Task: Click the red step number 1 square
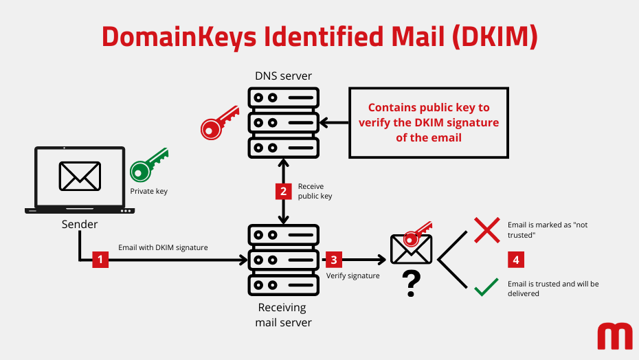click(x=100, y=260)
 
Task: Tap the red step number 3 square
click(x=334, y=260)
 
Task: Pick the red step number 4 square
click(x=517, y=260)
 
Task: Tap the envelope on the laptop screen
click(x=80, y=176)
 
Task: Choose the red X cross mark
click(x=487, y=230)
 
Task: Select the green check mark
click(x=486, y=287)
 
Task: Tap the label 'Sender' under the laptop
click(x=80, y=225)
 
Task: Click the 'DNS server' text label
click(x=283, y=76)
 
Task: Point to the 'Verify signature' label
click(x=352, y=275)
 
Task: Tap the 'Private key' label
click(x=148, y=192)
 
